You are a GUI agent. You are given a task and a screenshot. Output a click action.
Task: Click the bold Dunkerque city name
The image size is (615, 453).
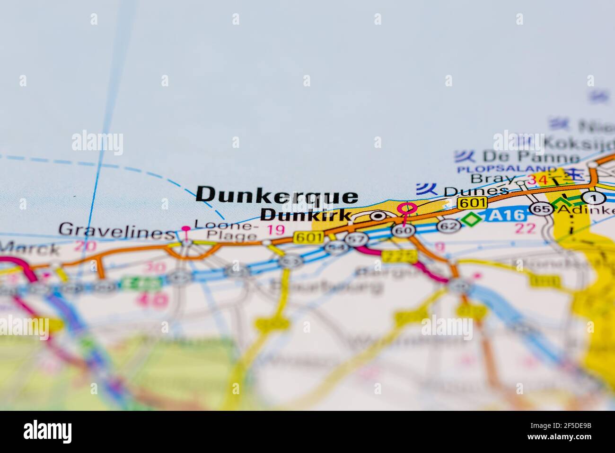[277, 195]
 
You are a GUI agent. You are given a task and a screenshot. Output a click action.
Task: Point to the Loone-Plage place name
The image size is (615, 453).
[227, 229]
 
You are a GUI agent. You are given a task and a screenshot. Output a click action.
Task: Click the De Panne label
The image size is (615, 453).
[531, 156]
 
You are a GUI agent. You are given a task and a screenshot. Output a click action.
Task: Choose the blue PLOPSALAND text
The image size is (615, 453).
[506, 169]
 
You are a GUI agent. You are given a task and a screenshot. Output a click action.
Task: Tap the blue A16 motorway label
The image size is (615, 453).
[507, 216]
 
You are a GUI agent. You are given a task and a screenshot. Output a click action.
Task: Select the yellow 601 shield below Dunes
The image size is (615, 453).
[472, 202]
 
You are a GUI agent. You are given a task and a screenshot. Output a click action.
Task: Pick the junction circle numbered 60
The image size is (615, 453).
[403, 230]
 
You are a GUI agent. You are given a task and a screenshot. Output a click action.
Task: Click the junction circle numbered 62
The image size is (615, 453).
[448, 226]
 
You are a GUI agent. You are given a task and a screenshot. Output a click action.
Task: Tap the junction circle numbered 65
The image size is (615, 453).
[541, 208]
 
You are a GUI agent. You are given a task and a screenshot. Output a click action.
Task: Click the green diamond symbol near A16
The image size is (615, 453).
[470, 220]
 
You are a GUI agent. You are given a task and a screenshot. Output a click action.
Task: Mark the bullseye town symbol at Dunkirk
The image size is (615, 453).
[378, 216]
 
